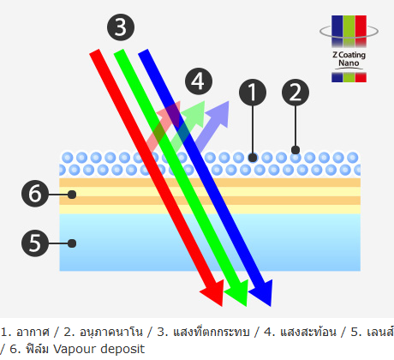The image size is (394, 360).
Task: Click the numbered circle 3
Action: tap(121, 27)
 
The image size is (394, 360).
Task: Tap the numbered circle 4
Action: tap(199, 81)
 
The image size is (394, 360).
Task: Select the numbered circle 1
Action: tap(253, 93)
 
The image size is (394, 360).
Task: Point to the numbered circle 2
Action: tap(295, 93)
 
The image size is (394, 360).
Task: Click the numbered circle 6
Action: tap(35, 194)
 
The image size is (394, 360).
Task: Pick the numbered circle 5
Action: tap(35, 243)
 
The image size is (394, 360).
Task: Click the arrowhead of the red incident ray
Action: tap(212, 293)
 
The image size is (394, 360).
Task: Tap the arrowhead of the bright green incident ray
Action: tap(237, 293)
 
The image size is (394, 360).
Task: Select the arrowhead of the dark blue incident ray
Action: tap(261, 293)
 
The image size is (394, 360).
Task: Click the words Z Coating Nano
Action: tap(349, 59)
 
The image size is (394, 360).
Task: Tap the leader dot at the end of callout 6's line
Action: tap(72, 195)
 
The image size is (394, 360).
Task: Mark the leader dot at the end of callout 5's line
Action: tap(72, 243)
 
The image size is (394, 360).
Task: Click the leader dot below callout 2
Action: tap(295, 150)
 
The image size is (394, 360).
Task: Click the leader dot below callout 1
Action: tap(253, 158)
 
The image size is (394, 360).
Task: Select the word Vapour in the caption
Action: tap(75, 349)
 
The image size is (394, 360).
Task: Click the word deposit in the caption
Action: tap(122, 349)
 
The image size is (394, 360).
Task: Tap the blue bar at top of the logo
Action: tap(337, 31)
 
